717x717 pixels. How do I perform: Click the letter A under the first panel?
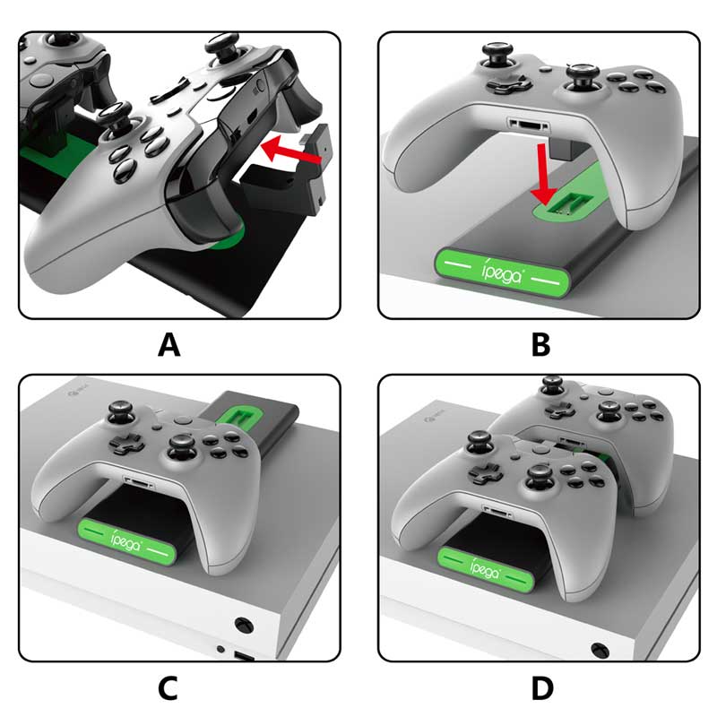pos(168,344)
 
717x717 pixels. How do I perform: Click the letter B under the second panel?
pos(541,344)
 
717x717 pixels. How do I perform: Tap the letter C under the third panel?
pos(168,687)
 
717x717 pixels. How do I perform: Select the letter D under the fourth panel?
pos(542,687)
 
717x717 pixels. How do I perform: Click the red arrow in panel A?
pos(291,151)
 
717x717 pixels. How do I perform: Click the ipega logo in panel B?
pos(502,272)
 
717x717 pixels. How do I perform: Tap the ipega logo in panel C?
pos(126,540)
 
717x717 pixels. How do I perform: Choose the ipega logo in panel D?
pos(485,567)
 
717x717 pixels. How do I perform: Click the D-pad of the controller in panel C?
pos(125,443)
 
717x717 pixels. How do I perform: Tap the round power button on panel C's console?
pos(244,625)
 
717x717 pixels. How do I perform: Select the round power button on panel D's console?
pos(600,650)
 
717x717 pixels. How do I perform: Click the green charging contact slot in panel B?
pos(566,203)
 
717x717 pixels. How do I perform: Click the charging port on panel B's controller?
pos(529,125)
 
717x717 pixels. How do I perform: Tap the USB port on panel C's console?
pos(244,657)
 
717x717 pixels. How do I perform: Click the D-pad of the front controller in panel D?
pos(488,473)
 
